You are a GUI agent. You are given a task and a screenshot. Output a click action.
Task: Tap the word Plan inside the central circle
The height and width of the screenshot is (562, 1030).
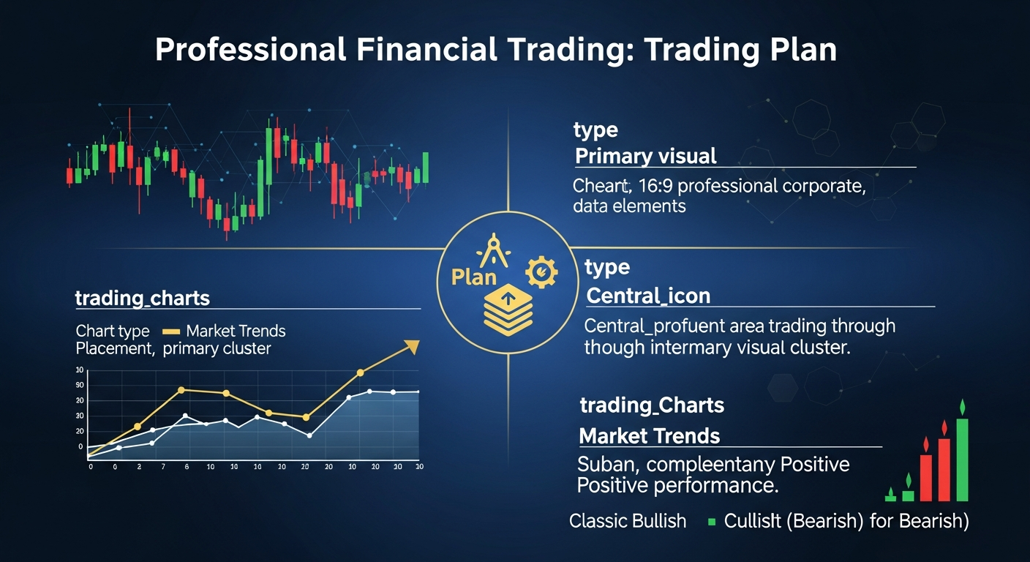[473, 277]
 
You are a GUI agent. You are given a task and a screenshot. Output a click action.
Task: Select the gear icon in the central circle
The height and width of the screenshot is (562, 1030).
[541, 273]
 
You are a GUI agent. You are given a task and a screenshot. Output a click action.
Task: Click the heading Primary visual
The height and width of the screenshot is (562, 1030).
[645, 156]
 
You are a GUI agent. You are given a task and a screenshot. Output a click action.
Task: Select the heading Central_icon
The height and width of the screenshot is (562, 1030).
[648, 296]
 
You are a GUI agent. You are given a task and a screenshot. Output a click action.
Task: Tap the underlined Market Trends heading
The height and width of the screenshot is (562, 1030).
[649, 436]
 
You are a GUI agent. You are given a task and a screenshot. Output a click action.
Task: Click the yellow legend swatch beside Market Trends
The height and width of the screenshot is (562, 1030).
[170, 331]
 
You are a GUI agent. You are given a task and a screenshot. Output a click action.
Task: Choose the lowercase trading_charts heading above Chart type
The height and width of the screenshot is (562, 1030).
[142, 298]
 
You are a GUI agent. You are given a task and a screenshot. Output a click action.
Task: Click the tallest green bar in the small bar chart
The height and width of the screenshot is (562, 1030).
[962, 459]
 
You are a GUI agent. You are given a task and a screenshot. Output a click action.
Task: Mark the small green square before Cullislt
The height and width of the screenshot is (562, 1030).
[711, 522]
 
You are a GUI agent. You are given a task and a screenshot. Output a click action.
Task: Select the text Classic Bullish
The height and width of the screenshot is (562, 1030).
[628, 521]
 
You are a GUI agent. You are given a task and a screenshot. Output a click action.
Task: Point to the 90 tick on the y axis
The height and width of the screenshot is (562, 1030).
[80, 385]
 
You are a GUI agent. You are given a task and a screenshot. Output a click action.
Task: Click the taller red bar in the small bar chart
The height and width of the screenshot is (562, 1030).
[944, 468]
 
